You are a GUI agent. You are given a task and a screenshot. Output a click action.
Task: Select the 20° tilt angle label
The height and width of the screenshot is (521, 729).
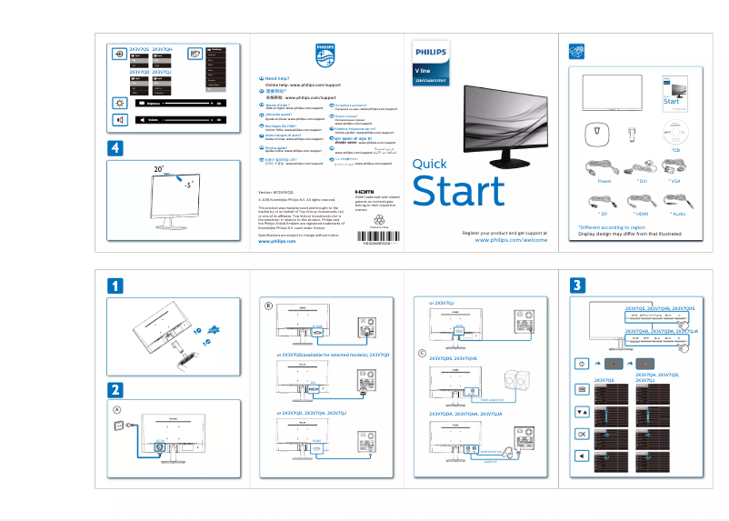click(x=158, y=170)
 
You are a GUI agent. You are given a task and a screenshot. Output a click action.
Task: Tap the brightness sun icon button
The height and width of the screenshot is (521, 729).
click(x=120, y=103)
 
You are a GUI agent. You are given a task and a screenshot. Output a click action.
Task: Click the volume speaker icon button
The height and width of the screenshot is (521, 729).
click(x=120, y=119)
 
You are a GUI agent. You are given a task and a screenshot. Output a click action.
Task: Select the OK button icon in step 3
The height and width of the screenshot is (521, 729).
click(x=582, y=434)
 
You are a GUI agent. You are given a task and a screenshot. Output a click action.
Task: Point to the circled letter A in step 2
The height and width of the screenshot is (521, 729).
click(x=116, y=409)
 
